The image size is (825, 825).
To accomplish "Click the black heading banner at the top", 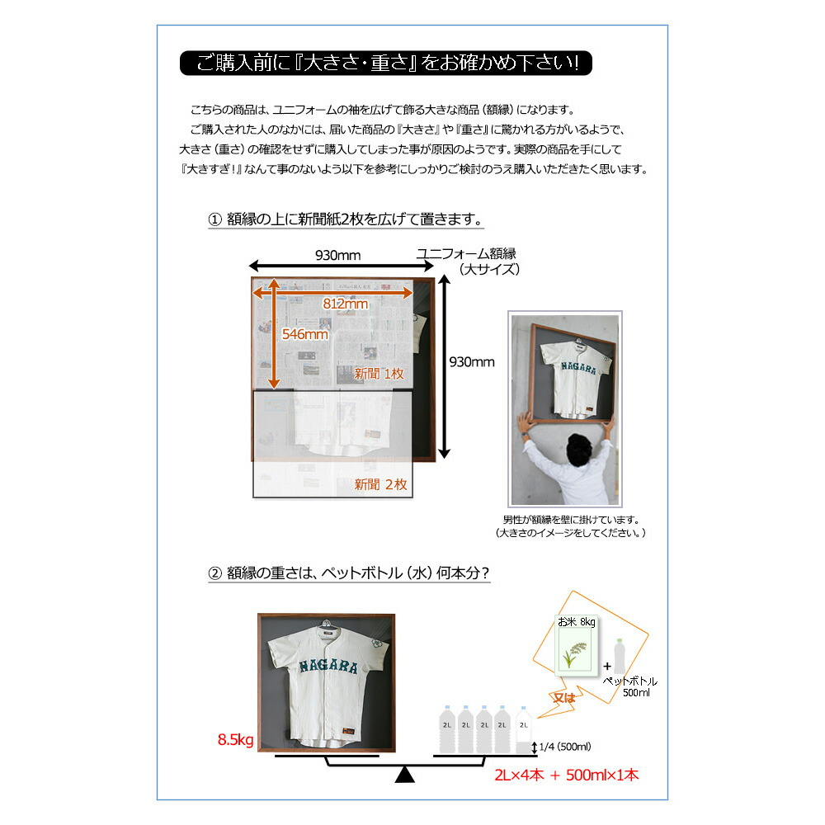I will tap(384, 63).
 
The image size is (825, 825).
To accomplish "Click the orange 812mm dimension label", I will tap(345, 304).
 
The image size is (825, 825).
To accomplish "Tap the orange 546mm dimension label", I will tap(304, 334).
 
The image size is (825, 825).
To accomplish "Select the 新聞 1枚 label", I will tap(379, 374).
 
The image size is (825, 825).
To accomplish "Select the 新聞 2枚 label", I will tap(380, 484).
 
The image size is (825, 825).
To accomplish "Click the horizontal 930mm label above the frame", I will tap(338, 255).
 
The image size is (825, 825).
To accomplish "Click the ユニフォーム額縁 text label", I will tap(471, 253).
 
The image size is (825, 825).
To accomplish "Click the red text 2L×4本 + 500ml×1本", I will tap(567, 775).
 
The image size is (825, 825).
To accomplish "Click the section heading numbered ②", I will tap(351, 573).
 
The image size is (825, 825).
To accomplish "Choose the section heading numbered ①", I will tap(345, 220).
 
